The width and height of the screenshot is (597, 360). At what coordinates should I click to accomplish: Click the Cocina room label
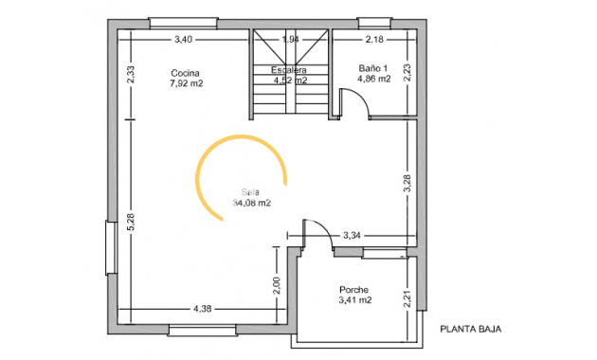pos(185,73)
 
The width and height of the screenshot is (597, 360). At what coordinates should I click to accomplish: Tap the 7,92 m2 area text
pos(187,83)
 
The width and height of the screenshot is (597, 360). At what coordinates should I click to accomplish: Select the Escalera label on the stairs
pos(289,70)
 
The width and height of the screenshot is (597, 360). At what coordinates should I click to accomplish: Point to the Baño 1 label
pos(373,68)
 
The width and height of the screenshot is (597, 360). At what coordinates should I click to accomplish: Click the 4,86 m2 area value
pos(373,80)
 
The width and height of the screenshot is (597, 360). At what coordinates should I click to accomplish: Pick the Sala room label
pos(249,190)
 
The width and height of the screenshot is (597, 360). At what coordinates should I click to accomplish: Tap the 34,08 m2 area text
pos(251,202)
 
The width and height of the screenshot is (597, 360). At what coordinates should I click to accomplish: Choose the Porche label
pos(353,290)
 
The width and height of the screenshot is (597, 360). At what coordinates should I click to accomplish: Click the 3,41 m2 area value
pos(354,300)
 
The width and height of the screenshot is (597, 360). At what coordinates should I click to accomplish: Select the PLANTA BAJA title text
pos(471,330)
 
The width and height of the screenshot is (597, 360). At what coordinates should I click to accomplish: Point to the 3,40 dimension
pos(184,40)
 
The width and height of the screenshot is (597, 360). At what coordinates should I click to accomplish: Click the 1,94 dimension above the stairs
pos(291,40)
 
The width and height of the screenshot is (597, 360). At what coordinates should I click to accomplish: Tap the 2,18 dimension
pos(373,40)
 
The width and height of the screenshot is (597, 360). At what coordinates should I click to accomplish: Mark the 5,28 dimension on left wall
pos(132,222)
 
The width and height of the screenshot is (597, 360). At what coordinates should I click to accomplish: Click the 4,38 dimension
pos(202,309)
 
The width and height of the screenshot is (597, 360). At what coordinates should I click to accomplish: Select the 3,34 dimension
pos(352,235)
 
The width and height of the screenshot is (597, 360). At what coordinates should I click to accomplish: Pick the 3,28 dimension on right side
pos(407,185)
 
